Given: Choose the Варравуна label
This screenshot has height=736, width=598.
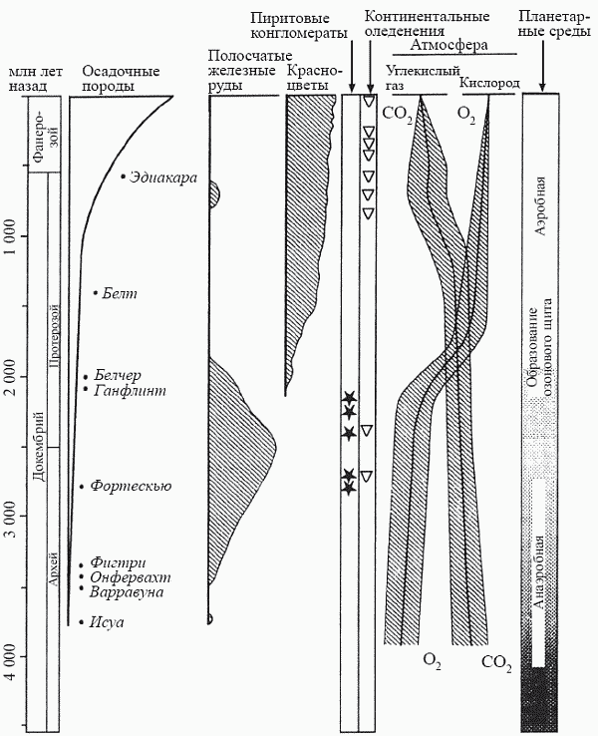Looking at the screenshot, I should tap(127, 591).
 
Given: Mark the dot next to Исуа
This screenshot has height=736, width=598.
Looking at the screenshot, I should tap(82, 623).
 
